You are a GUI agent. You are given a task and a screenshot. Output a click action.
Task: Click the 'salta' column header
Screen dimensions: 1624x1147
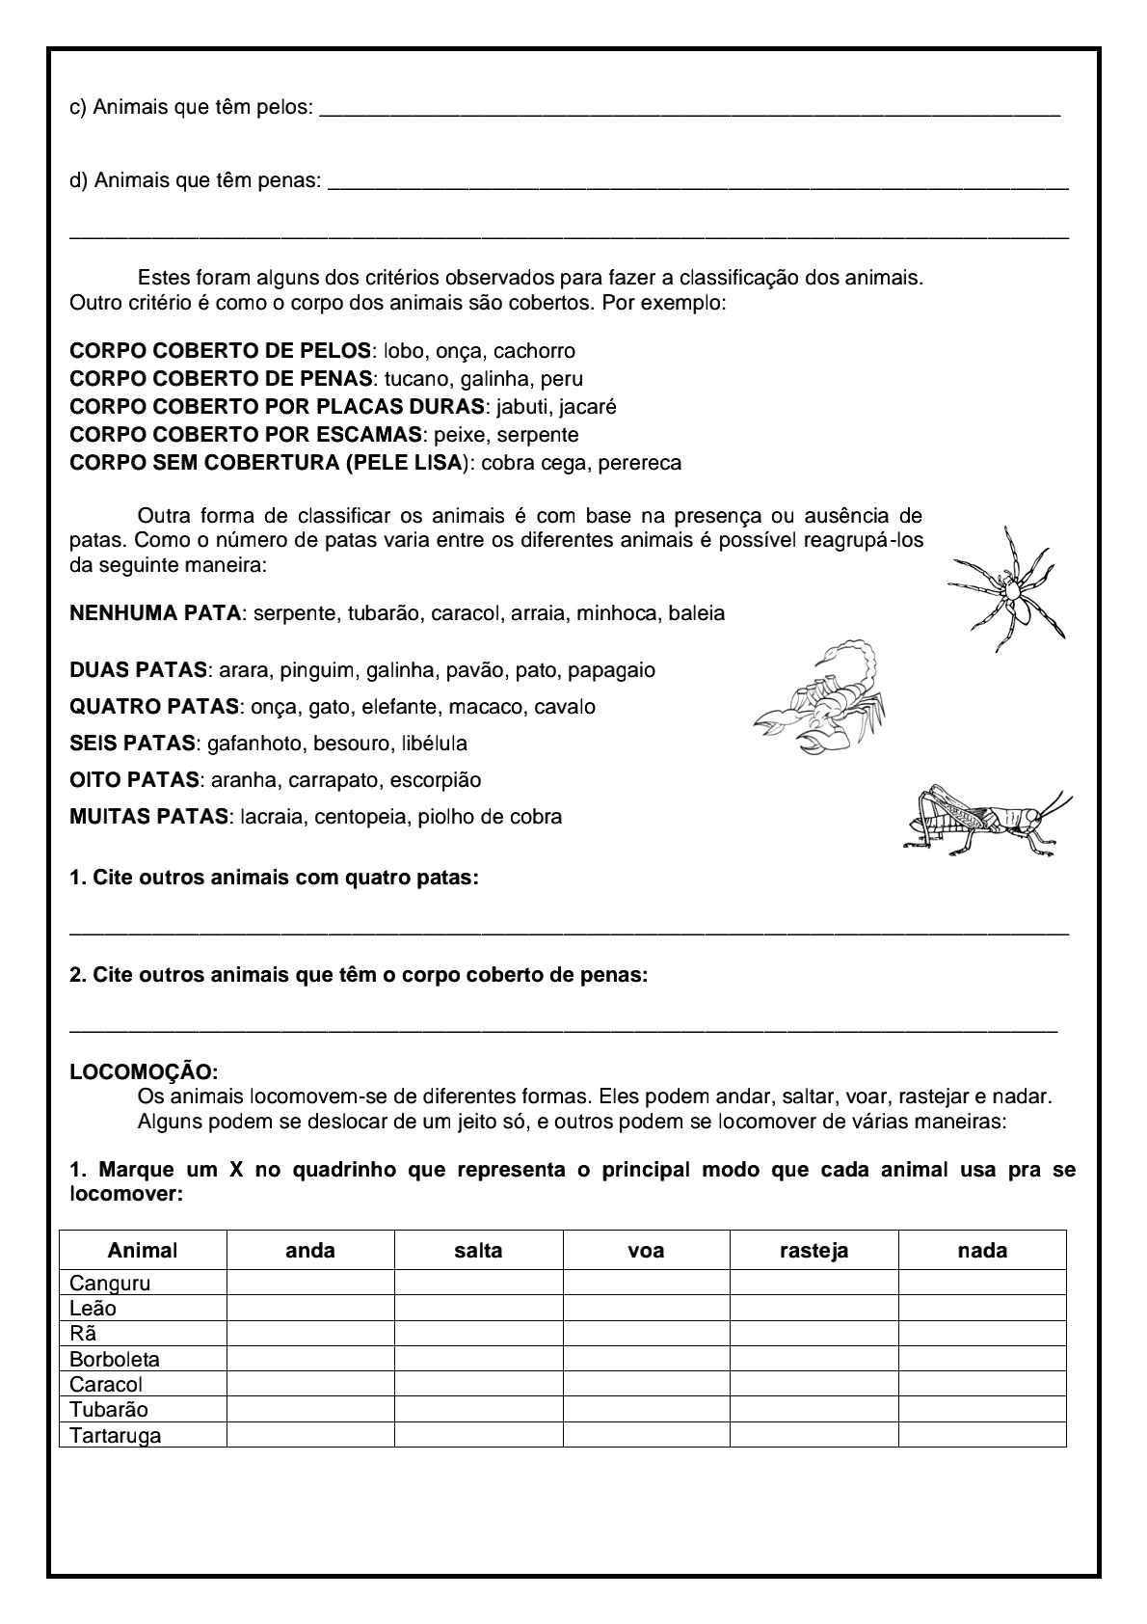coord(478,1251)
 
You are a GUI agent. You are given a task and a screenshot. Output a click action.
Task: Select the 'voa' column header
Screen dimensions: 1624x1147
coord(646,1251)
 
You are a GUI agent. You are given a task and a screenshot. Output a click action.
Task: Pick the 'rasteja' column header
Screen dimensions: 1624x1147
coord(814,1251)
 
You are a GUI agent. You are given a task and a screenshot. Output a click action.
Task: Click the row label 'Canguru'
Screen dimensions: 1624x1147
coord(110,1284)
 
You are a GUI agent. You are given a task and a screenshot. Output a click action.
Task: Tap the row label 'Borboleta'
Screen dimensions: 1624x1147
coord(115,1359)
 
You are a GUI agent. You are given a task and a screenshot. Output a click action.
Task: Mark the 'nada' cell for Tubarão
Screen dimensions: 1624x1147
coord(982,1410)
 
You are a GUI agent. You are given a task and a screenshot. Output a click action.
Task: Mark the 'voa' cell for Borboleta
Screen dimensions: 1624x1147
coord(646,1359)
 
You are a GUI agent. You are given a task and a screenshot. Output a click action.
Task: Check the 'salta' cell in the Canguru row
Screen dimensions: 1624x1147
coord(478,1284)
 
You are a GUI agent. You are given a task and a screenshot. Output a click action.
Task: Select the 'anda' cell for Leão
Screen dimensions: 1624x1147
coord(310,1309)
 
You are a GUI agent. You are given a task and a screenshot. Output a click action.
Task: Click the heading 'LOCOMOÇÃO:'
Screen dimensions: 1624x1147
coord(145,1071)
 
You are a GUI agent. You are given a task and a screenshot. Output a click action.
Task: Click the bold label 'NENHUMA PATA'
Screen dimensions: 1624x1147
coord(155,613)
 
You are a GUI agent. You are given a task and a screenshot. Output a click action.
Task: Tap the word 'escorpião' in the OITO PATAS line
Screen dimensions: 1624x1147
coord(439,779)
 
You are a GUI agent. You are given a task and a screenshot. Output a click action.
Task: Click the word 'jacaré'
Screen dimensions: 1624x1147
coord(587,406)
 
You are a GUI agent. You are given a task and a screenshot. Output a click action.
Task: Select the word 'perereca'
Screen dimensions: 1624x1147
coord(639,462)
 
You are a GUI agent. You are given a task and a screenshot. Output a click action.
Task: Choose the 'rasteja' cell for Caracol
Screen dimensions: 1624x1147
coord(814,1384)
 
